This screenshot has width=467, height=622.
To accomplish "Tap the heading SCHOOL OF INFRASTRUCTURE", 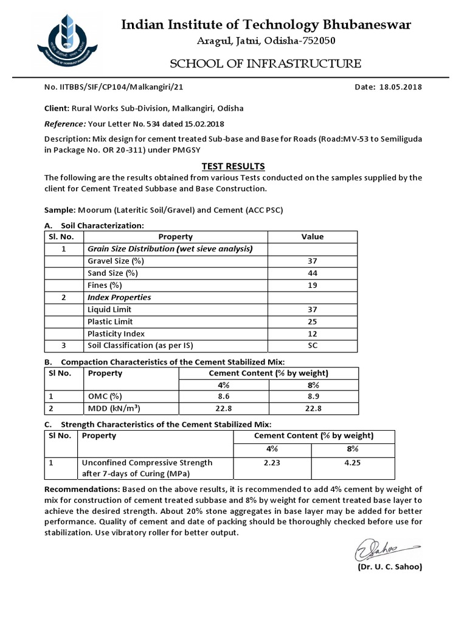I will [x=265, y=64].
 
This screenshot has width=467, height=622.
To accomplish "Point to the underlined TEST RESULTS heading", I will [x=233, y=166].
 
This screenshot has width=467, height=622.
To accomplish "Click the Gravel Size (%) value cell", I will [x=313, y=261].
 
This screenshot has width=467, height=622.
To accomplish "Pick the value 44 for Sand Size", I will [x=313, y=273].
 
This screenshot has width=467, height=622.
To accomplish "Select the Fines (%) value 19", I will [x=313, y=285].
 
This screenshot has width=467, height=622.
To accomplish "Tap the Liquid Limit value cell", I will [x=313, y=309].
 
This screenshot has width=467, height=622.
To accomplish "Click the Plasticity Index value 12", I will [x=313, y=333].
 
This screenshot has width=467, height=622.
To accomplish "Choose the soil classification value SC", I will [x=313, y=346].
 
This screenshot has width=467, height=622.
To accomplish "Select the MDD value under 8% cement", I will [x=313, y=409].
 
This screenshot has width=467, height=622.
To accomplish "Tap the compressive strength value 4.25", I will [x=353, y=462].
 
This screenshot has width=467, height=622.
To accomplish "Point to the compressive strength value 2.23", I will [x=271, y=462].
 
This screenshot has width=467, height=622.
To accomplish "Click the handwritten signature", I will [x=376, y=550].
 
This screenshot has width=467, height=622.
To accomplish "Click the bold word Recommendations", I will [x=83, y=489].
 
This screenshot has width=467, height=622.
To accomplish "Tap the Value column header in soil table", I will [x=313, y=236].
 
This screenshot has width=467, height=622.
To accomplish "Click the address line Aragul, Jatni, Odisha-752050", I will [x=265, y=41].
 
